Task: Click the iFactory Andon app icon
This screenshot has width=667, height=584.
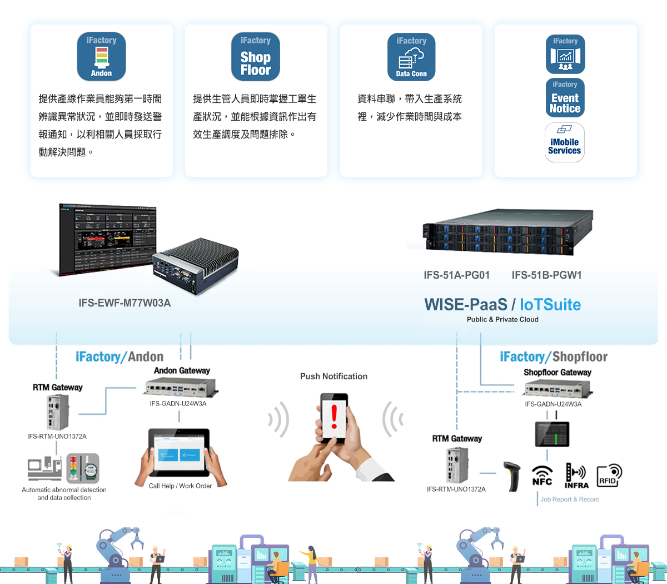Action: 101,56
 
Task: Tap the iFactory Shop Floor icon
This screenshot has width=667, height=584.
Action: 256,56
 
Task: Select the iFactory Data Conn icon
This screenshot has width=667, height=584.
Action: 411,57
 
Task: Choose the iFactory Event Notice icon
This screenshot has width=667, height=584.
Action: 565,97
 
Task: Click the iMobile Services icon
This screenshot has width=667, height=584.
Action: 565,142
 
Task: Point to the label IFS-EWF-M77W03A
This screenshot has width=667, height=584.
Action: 125,303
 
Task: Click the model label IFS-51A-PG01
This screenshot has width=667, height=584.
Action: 456,275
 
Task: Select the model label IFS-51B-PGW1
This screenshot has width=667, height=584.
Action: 547,275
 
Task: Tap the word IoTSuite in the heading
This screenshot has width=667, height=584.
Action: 550,304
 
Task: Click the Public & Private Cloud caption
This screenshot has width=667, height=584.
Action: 502,319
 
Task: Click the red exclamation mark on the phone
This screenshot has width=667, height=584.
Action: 334,417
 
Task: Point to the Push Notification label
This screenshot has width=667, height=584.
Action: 333,376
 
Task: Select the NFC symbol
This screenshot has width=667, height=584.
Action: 542,476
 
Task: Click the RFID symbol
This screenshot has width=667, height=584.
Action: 609,476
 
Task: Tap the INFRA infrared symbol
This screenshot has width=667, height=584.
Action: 576,476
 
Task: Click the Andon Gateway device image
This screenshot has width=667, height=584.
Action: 181,387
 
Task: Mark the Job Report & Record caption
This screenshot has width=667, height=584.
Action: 570,499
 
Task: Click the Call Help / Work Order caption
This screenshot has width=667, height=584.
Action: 180,486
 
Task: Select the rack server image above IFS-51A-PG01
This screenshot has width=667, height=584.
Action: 507,232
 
